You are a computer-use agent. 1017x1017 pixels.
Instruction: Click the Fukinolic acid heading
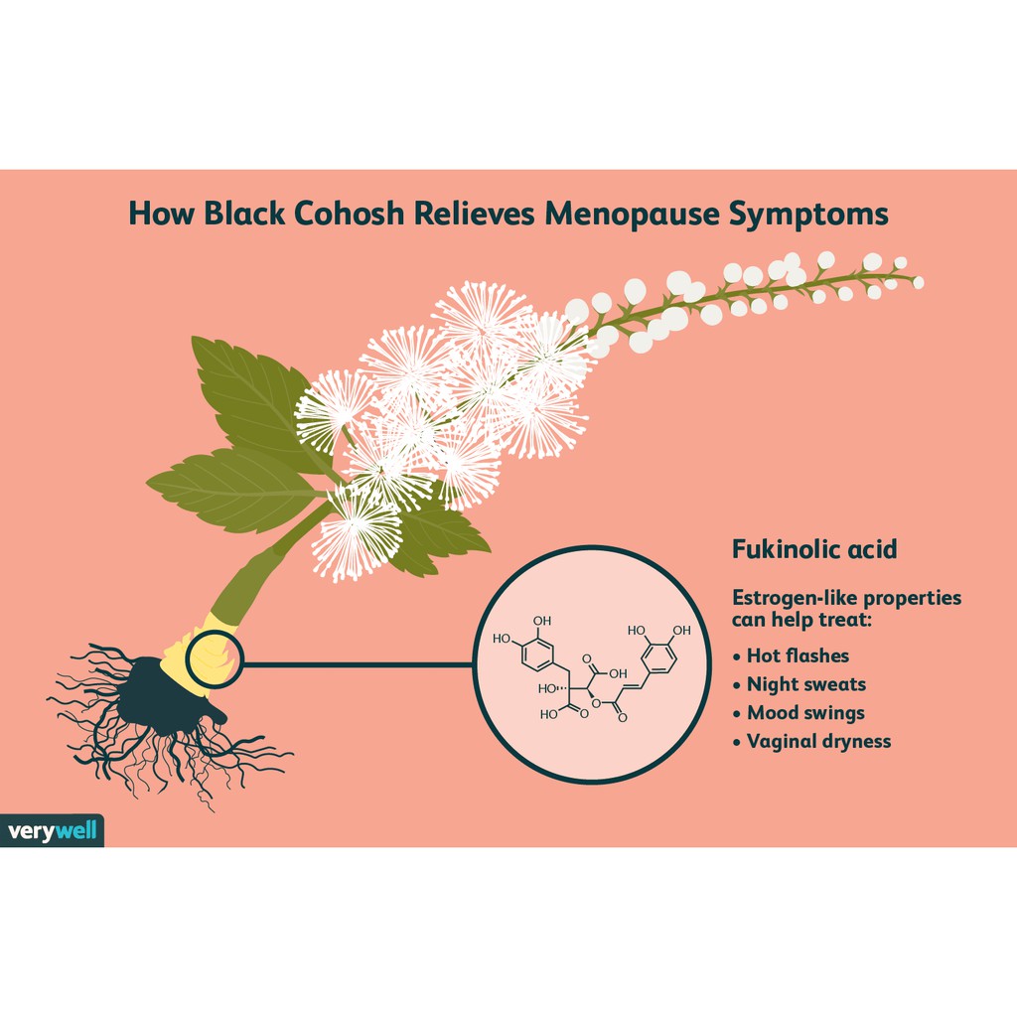point(814,549)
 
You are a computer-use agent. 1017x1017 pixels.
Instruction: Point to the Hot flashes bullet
point(791,655)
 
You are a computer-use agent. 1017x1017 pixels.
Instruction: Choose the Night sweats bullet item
point(799,684)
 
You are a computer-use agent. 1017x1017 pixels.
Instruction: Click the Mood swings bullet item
point(799,713)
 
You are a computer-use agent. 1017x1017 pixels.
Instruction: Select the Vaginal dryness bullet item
point(811,741)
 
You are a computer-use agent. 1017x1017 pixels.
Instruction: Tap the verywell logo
point(52,830)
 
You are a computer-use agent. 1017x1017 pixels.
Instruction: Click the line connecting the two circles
point(359,664)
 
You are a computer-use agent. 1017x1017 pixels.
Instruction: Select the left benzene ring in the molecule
point(537,655)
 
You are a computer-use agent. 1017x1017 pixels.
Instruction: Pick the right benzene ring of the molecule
point(659,657)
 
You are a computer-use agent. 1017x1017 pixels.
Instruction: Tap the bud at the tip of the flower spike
point(918,282)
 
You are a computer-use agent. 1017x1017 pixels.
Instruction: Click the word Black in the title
point(244,214)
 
